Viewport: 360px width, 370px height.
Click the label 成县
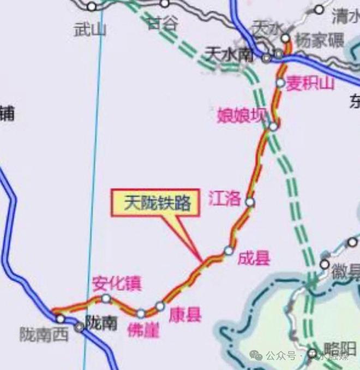click(254, 258)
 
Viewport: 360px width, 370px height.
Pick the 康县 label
click(185, 315)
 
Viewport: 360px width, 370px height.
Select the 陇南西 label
click(44, 334)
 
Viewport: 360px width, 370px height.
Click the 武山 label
click(89, 28)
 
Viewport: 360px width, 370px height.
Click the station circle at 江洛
click(250, 202)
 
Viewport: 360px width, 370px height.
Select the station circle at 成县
click(229, 250)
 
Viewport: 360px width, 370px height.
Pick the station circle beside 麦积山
click(280, 83)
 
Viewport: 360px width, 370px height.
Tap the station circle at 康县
click(160, 306)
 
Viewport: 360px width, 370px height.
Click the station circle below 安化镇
click(106, 299)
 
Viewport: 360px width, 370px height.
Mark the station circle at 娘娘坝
click(273, 126)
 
